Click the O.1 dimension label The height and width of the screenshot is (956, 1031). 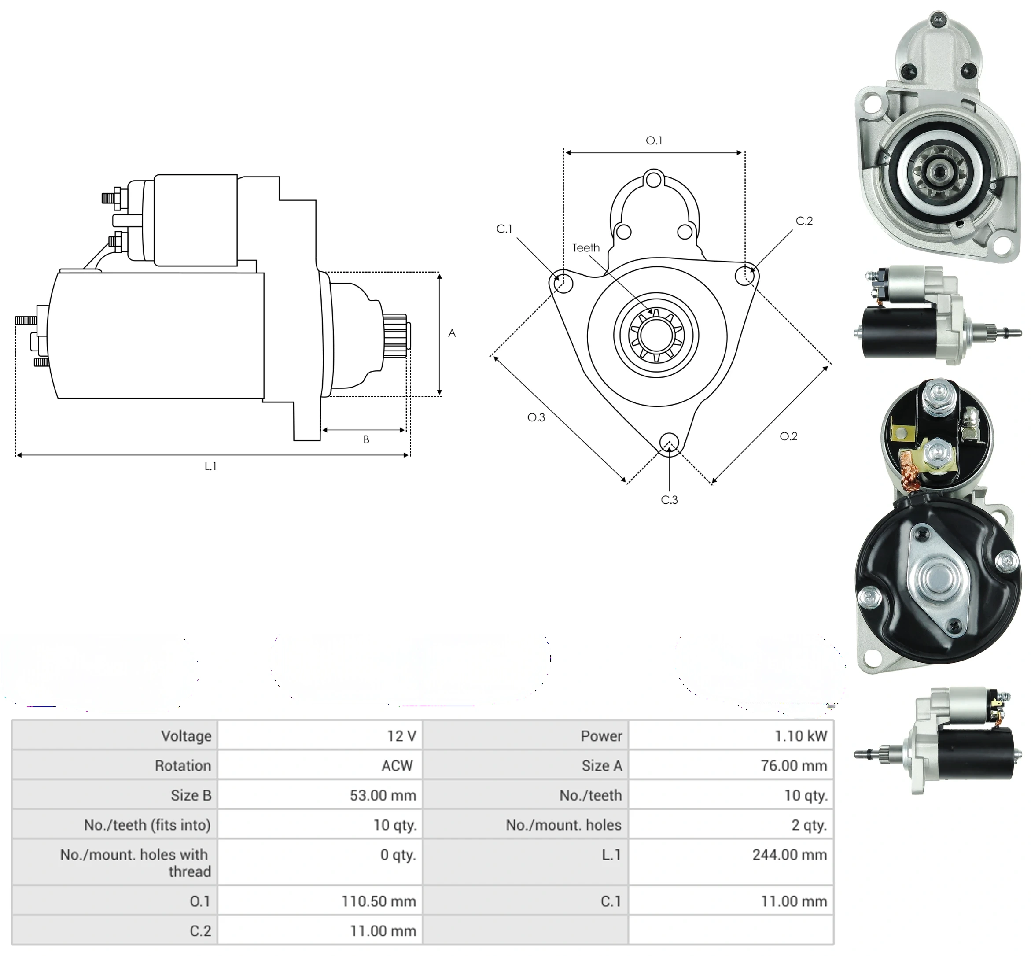pyautogui.click(x=654, y=140)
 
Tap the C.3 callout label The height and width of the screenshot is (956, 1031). pyautogui.click(x=669, y=500)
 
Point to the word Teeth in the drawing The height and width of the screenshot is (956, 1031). pyautogui.click(x=586, y=248)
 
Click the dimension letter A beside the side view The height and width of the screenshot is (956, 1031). pyautogui.click(x=452, y=333)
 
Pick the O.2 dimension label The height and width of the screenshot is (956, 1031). pyautogui.click(x=788, y=436)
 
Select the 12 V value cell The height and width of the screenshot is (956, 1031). pyautogui.click(x=320, y=736)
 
